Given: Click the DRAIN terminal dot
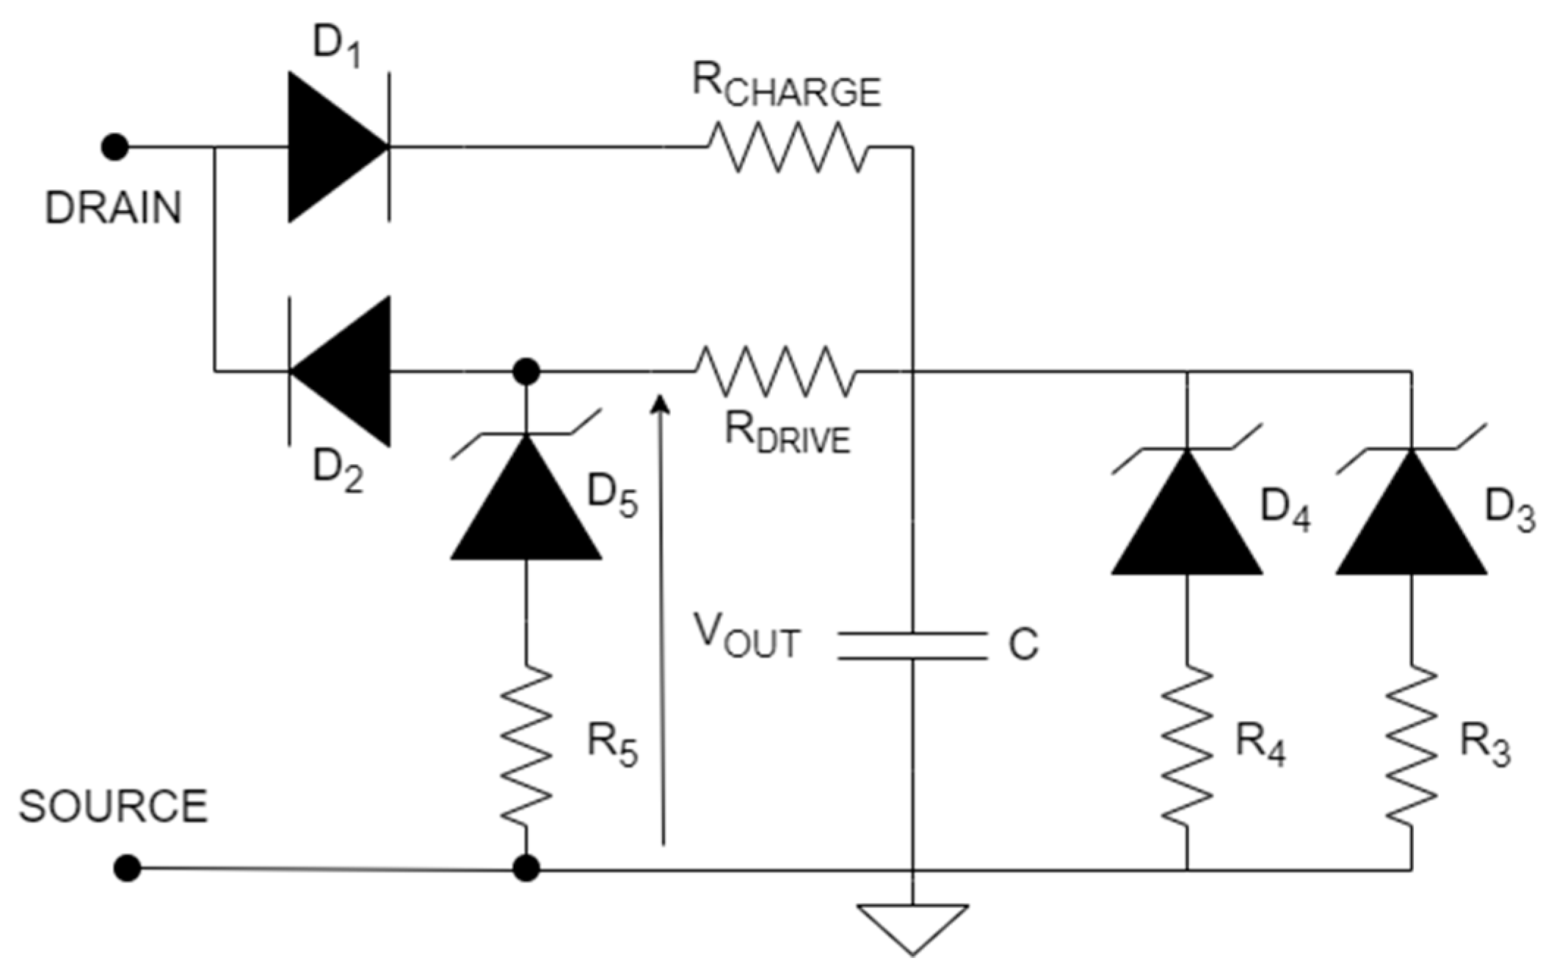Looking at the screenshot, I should pyautogui.click(x=115, y=148).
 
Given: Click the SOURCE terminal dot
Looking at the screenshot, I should pyautogui.click(x=127, y=868).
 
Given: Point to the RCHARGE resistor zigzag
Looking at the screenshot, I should pyautogui.click(x=788, y=148).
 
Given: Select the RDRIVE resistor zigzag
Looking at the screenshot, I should pyautogui.click(x=775, y=372).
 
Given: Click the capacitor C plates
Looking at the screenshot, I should pyautogui.click(x=912, y=645).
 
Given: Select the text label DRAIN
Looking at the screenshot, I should pyautogui.click(x=113, y=208).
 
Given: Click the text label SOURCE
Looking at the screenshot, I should pyautogui.click(x=113, y=806).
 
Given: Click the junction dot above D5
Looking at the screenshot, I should pyautogui.click(x=526, y=372).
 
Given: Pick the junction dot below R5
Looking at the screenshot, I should pyautogui.click(x=526, y=868).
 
